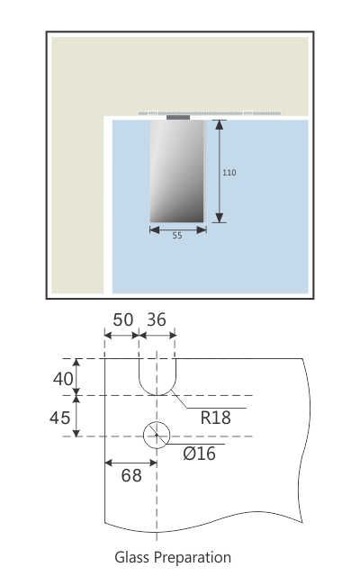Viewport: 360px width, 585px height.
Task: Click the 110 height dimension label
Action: pyautogui.click(x=229, y=172)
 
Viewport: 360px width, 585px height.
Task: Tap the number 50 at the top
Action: pyautogui.click(x=121, y=320)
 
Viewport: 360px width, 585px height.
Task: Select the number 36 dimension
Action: pyautogui.click(x=157, y=320)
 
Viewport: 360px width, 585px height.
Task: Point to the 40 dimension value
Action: pyautogui.click(x=63, y=379)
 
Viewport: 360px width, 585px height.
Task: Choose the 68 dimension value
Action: pyautogui.click(x=131, y=475)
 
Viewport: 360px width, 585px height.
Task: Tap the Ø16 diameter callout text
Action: pyautogui.click(x=199, y=454)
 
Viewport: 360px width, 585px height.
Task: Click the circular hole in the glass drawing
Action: pyautogui.click(x=157, y=436)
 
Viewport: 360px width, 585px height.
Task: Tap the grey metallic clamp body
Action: pyautogui.click(x=177, y=171)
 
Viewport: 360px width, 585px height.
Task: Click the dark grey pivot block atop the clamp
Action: pyautogui.click(x=178, y=116)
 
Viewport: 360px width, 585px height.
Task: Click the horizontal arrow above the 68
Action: pyautogui.click(x=131, y=463)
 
